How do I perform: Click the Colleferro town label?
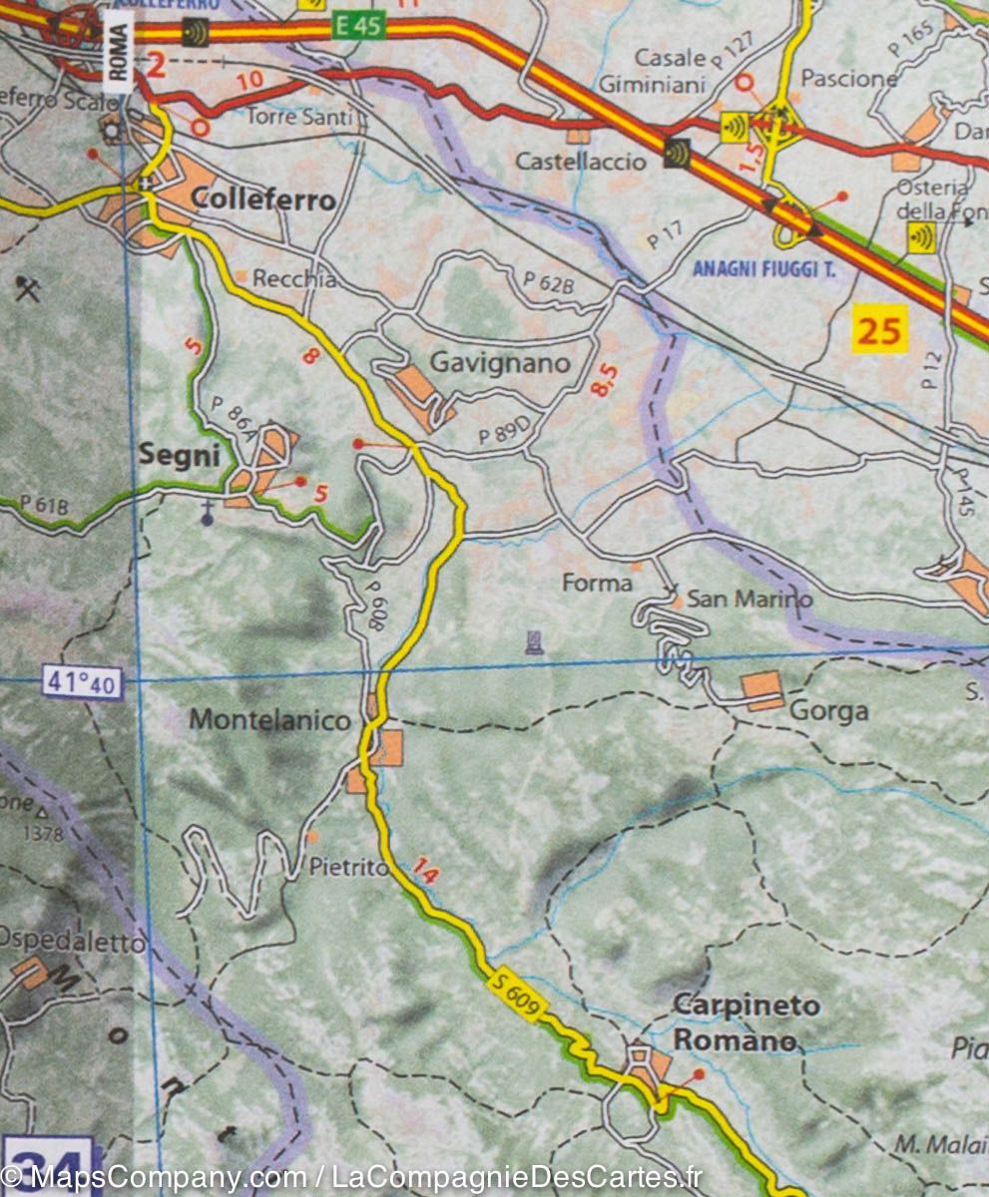262,199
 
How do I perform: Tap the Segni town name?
179,455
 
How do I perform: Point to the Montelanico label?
269,719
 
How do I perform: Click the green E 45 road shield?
358,26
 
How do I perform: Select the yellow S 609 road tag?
517,996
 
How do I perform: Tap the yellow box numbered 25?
879,329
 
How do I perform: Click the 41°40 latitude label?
82,683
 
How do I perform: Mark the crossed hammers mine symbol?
27,289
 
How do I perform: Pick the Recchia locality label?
293,279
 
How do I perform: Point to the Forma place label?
597,583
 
